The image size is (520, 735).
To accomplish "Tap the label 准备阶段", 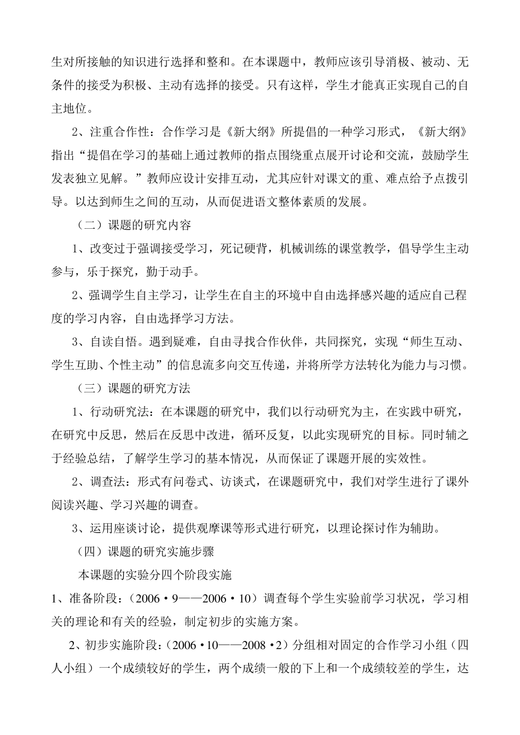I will click(x=93, y=598).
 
